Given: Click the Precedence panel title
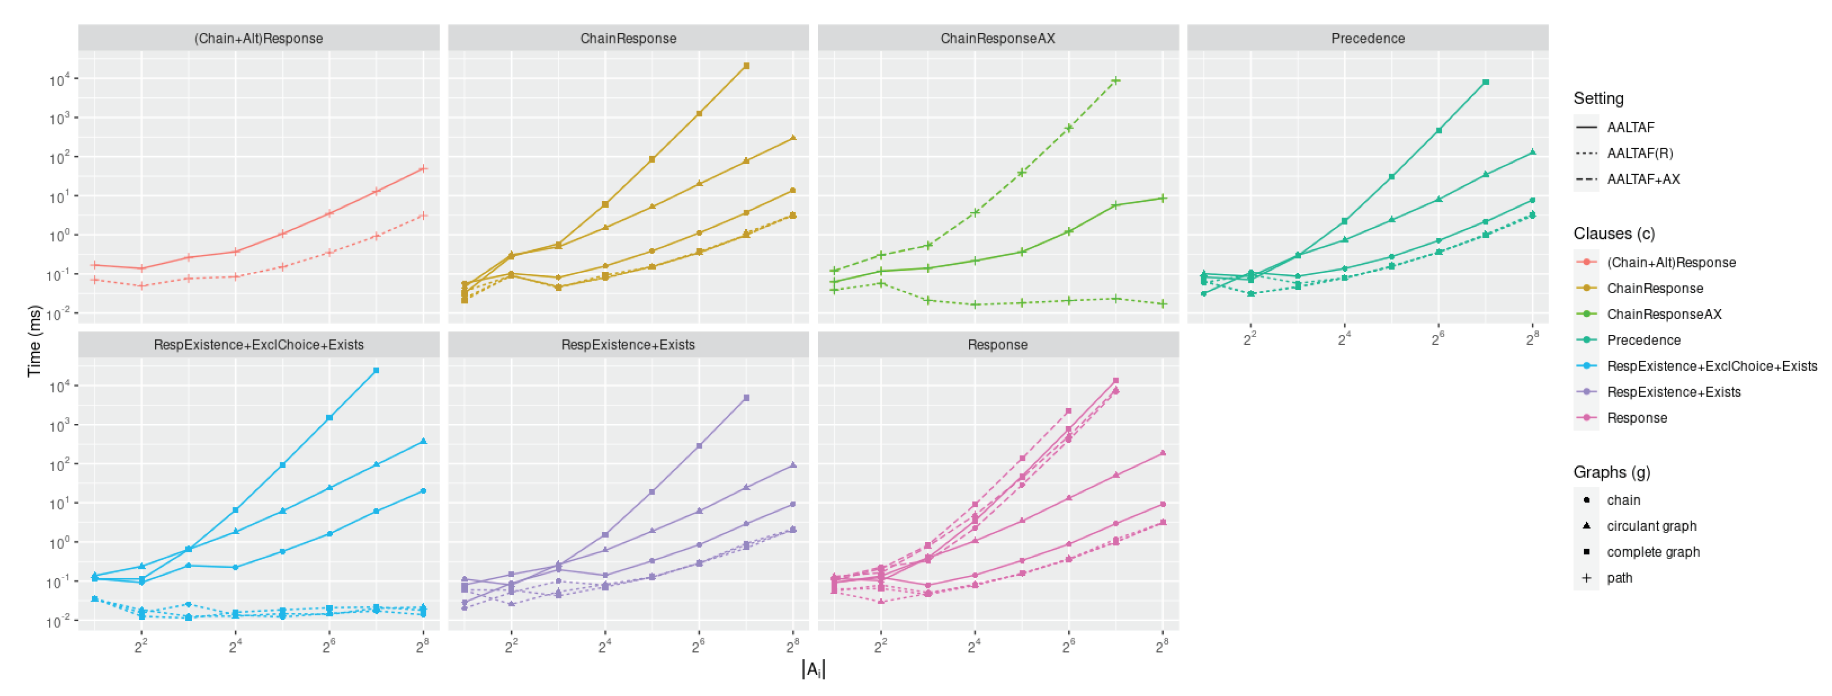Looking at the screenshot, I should pos(1367,39).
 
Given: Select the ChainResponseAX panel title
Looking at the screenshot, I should pos(997,39).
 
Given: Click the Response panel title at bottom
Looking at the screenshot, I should pos(997,345).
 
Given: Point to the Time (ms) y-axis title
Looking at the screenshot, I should pos(33,341).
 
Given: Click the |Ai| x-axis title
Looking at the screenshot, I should pos(813,670).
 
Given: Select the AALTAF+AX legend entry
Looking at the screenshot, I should pos(1643,179).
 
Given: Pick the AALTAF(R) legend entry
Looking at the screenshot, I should pos(1639,153).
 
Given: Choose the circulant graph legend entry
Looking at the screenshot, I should pos(1651,526).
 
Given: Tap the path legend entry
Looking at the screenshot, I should pos(1619,578).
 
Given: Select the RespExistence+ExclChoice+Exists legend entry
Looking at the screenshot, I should pos(1711,366).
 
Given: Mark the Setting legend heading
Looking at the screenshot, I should pos(1598,98).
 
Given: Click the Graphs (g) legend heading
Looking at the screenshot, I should pos(1612,472).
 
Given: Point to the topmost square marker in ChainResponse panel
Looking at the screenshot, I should pos(746,66).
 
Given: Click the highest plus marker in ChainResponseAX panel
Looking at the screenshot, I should pos(1116,80).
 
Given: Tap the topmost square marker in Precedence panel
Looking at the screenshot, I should pos(1485,83).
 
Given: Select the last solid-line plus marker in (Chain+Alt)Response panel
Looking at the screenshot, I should pos(423,169).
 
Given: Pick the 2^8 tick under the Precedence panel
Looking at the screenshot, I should pos(1532,340).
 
